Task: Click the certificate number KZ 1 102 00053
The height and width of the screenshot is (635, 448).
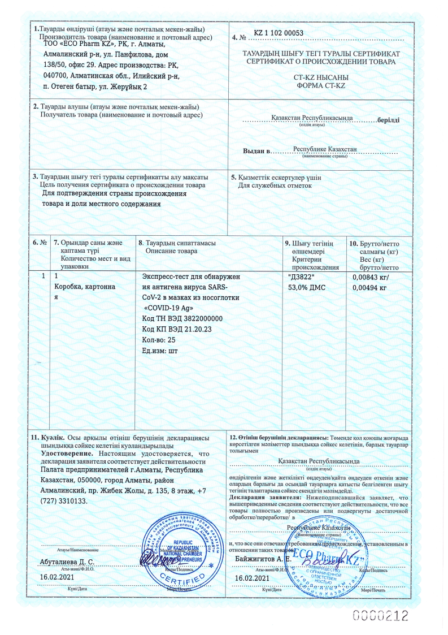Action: tap(279, 33)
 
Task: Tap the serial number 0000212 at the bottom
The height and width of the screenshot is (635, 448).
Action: tap(380, 615)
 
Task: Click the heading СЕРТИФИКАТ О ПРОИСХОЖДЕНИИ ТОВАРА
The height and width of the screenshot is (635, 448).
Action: tap(321, 61)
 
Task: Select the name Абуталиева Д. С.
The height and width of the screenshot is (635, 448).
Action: tap(67, 562)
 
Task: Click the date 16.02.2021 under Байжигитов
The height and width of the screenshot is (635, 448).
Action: tap(251, 578)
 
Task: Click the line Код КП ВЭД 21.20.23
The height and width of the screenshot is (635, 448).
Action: tap(177, 329)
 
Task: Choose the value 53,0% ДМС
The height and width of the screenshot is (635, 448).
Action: tap(307, 287)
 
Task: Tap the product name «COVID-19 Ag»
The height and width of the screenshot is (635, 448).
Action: tap(170, 308)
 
